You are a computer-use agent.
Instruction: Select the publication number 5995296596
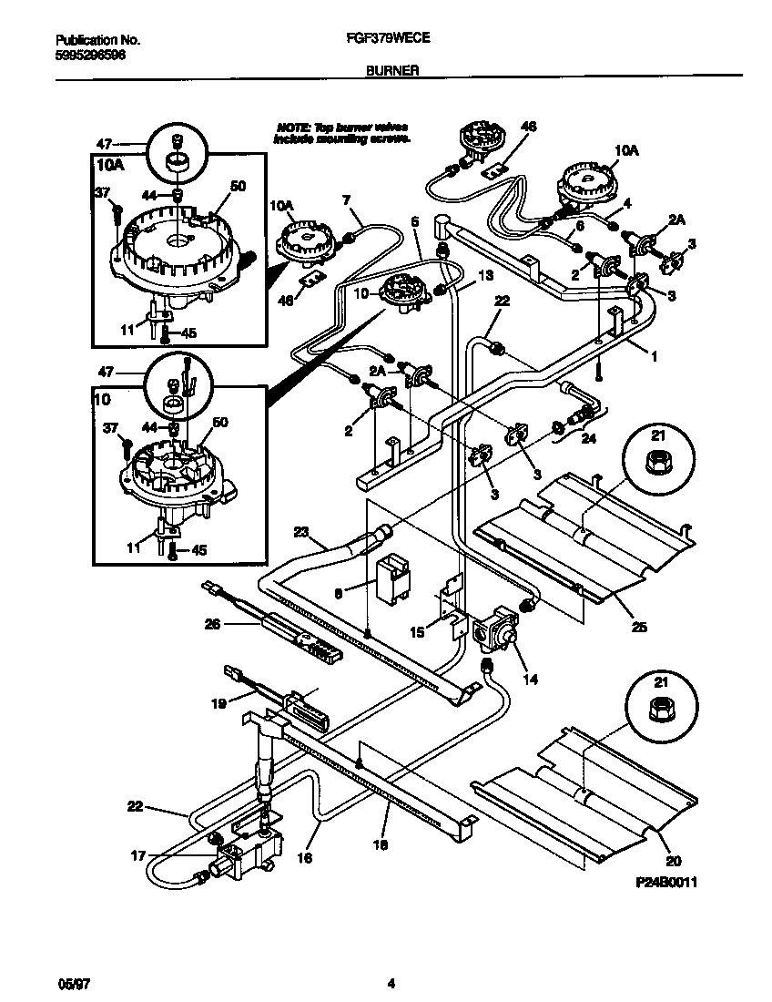(x=90, y=55)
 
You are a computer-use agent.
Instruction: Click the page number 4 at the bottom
(x=391, y=983)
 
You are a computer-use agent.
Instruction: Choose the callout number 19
(x=218, y=702)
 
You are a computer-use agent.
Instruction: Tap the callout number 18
(x=381, y=845)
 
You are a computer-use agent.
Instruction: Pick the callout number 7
(x=346, y=199)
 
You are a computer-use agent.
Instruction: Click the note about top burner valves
(x=341, y=133)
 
